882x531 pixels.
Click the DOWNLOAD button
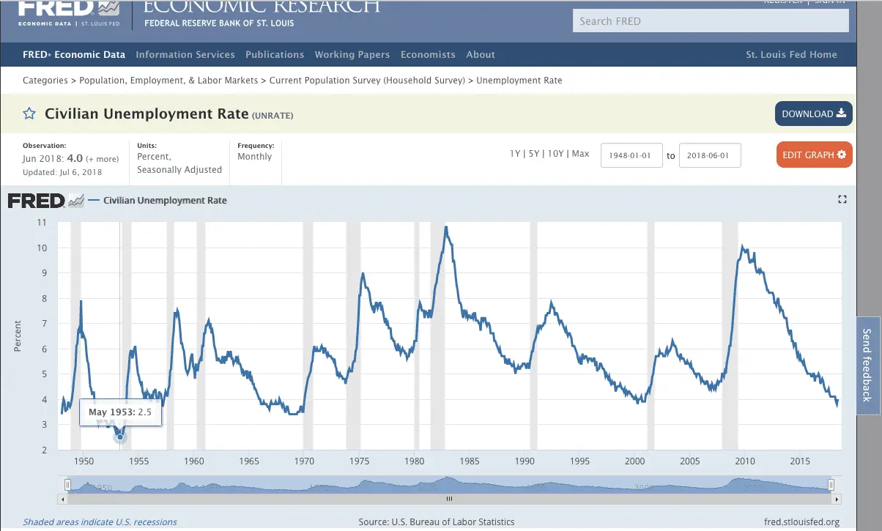click(x=813, y=114)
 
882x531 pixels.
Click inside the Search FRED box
click(x=710, y=21)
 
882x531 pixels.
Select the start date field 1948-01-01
click(x=631, y=155)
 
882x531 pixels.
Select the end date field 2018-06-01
click(x=709, y=155)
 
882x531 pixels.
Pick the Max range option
click(x=580, y=154)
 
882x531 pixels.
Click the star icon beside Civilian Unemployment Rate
click(x=29, y=114)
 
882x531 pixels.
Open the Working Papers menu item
click(x=352, y=55)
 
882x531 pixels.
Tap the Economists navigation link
click(x=428, y=55)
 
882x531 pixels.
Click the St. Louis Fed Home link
click(x=791, y=55)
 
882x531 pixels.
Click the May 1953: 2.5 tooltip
click(x=120, y=412)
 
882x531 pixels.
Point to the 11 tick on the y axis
click(x=42, y=222)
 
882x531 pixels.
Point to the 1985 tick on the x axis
click(x=470, y=461)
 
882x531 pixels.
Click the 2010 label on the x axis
click(x=745, y=461)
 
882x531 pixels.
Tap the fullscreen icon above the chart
click(x=842, y=199)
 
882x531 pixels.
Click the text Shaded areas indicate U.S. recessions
click(x=100, y=522)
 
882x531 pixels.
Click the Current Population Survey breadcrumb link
click(x=367, y=81)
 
